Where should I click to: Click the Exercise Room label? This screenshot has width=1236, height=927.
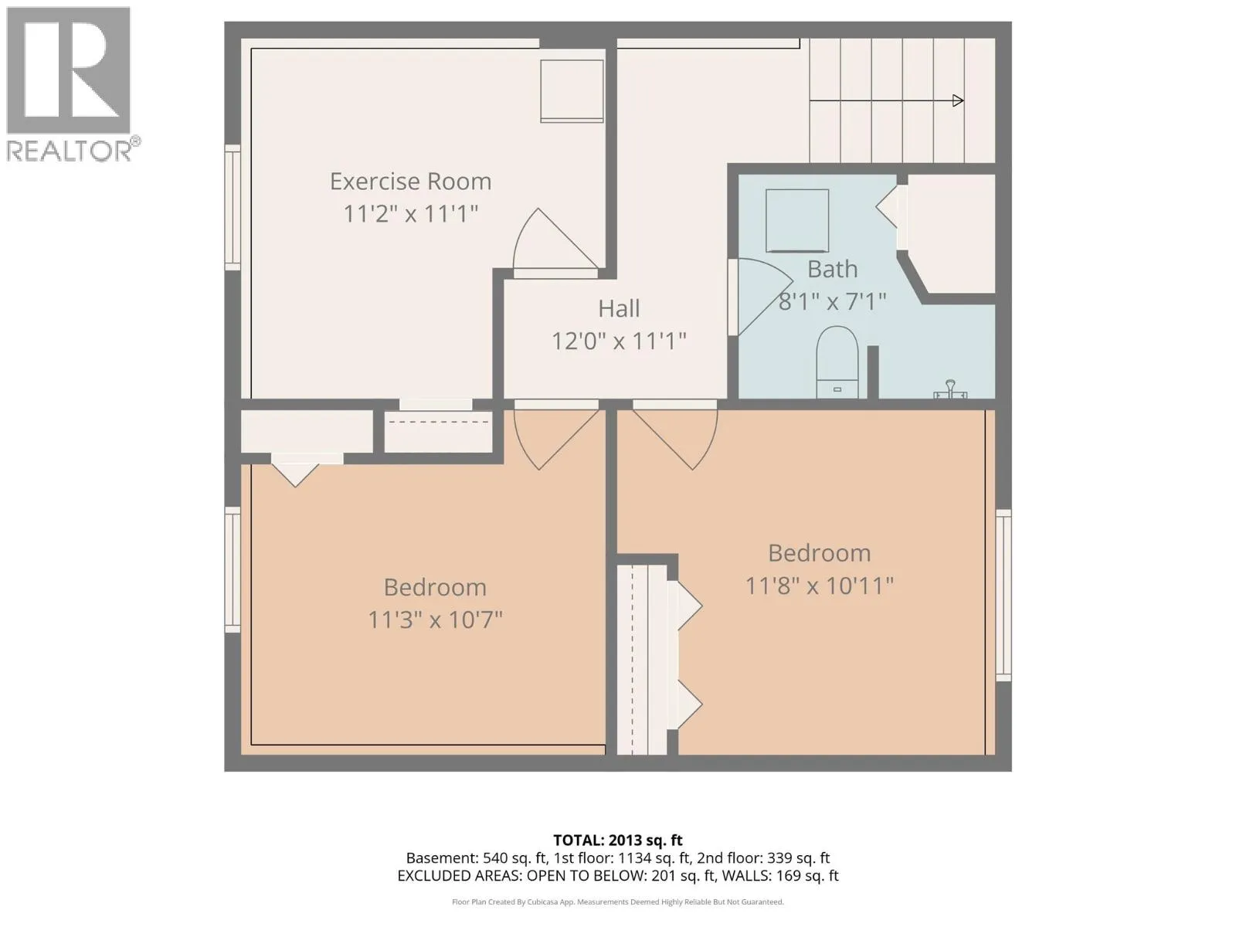click(x=410, y=182)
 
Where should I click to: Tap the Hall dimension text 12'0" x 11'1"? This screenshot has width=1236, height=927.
click(x=618, y=341)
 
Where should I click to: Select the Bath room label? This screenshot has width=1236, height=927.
click(x=832, y=269)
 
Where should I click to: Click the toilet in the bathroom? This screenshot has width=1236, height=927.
click(x=837, y=362)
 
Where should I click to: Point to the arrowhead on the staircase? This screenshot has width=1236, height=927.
click(x=958, y=100)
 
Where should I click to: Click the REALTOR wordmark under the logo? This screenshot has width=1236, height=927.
click(x=73, y=150)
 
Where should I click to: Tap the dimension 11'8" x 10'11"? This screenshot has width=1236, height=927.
click(x=820, y=586)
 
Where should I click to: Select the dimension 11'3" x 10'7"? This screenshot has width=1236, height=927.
click(x=435, y=620)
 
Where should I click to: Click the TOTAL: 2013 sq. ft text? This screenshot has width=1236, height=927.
click(x=618, y=840)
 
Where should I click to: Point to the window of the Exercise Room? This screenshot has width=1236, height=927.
click(x=233, y=208)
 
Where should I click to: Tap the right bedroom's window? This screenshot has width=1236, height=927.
click(x=1003, y=596)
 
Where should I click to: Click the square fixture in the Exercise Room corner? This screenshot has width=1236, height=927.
click(x=572, y=90)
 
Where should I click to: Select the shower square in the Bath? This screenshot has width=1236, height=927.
click(x=796, y=221)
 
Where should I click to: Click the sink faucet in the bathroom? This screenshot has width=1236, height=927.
click(x=950, y=389)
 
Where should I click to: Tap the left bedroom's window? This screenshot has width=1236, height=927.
click(x=233, y=569)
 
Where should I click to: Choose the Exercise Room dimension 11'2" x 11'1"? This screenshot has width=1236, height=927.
click(x=410, y=214)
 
